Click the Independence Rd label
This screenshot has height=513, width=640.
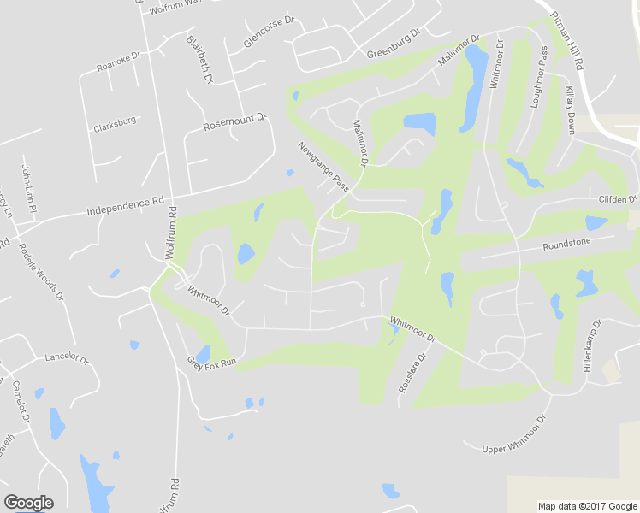[x=125, y=206]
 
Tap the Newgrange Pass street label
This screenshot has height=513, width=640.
[x=324, y=166]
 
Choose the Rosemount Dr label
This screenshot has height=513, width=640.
[x=235, y=122]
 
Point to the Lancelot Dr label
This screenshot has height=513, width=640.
[x=67, y=357]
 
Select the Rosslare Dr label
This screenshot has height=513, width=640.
[x=412, y=374]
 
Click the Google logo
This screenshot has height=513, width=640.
[x=28, y=503]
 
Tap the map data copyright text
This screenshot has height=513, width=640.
[x=588, y=506]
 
